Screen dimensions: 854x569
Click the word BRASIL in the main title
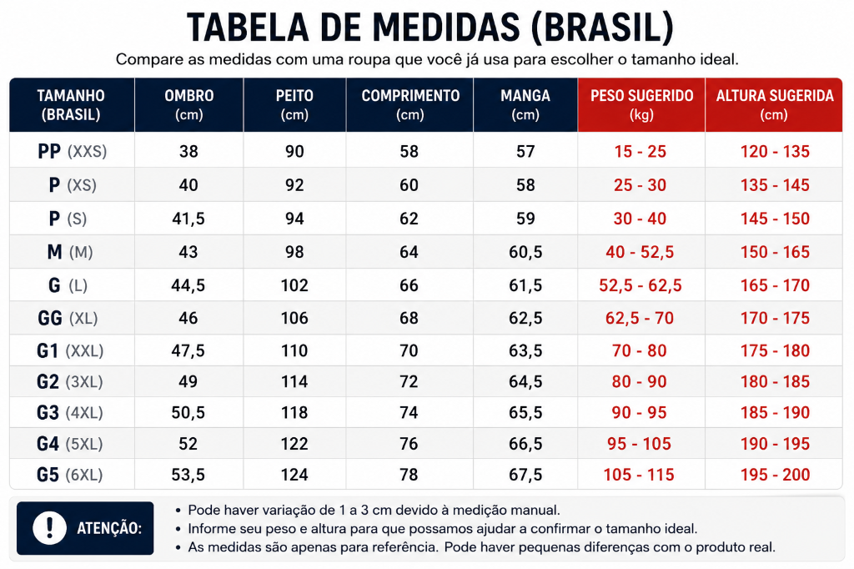click(x=603, y=28)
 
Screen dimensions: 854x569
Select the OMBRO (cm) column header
click(x=189, y=104)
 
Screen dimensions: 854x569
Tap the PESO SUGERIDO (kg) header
click(x=641, y=104)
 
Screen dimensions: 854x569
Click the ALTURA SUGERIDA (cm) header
click(x=775, y=104)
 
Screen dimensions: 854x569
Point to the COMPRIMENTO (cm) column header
click(x=410, y=104)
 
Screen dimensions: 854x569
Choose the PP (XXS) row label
click(x=72, y=151)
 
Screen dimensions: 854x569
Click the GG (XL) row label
click(x=68, y=318)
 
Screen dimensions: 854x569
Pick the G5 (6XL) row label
click(x=69, y=475)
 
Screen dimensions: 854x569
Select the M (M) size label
click(x=70, y=252)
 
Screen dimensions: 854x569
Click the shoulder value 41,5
click(x=188, y=219)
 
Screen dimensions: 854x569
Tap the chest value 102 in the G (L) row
click(x=294, y=285)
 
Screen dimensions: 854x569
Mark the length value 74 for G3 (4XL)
click(x=409, y=413)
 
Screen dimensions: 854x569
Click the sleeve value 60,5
click(x=525, y=252)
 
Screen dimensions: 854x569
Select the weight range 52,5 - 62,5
click(x=640, y=285)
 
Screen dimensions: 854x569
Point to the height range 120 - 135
click(x=775, y=151)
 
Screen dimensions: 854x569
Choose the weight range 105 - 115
click(x=638, y=475)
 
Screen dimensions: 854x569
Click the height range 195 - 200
click(x=775, y=475)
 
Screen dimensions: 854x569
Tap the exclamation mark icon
click(x=49, y=527)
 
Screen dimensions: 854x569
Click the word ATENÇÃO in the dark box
click(x=109, y=528)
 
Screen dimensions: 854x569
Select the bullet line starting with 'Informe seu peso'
click(x=437, y=529)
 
